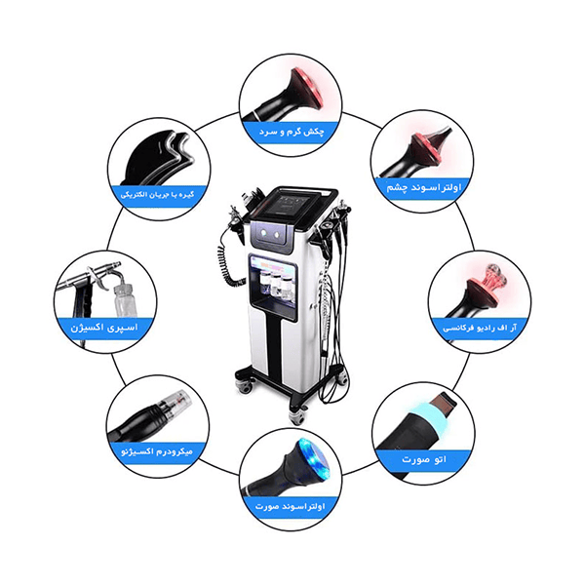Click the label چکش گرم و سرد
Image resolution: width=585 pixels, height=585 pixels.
click(x=292, y=132)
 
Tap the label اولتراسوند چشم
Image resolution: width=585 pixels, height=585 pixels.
click(x=424, y=187)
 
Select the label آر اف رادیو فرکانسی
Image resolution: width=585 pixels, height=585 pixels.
click(x=480, y=329)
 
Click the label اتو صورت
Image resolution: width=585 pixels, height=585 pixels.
click(x=424, y=459)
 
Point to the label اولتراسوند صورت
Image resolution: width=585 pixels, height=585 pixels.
click(x=291, y=506)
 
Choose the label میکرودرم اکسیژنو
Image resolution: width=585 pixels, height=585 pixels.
click(x=157, y=451)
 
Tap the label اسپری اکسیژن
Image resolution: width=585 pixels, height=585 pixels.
click(x=104, y=328)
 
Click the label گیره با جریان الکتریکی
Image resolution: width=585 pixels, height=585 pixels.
click(x=157, y=194)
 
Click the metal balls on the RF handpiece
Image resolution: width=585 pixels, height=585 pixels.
click(x=492, y=275)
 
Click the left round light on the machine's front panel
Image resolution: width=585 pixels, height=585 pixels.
click(x=264, y=233)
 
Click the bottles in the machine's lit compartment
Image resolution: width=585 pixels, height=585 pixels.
click(x=272, y=285)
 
